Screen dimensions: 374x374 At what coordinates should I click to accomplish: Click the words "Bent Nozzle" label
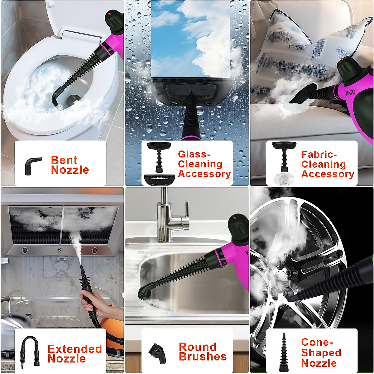70,165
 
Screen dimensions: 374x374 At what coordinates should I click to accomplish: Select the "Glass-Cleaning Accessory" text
204,164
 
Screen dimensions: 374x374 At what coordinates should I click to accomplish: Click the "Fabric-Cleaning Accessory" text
327,164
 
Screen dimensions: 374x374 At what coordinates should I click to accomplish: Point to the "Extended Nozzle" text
74,354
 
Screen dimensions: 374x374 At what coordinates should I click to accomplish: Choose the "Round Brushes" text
203,352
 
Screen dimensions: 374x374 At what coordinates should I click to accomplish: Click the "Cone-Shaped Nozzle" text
321,352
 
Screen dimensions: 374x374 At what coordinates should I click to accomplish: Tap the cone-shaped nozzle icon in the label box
284,352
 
